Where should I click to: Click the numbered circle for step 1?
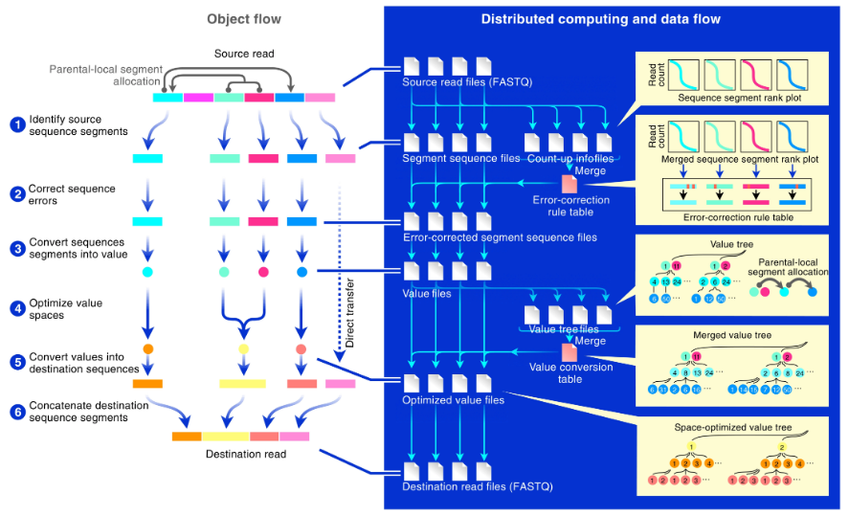16,124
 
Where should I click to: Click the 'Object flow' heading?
243,18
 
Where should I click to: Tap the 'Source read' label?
243,54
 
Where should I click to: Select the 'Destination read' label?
246,454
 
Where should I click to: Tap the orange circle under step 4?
148,348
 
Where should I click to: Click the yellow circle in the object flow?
243,348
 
